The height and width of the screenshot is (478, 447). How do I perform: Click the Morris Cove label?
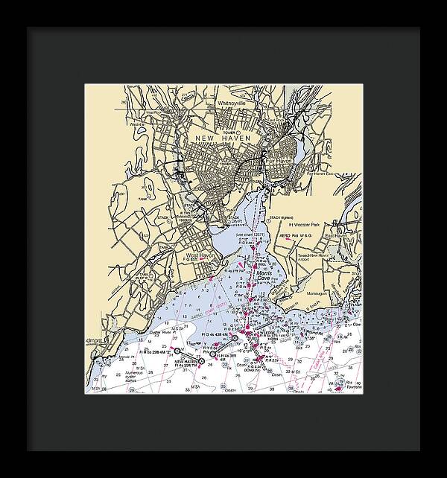click(x=265, y=277)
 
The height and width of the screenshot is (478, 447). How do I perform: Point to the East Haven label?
click(x=338, y=235)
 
